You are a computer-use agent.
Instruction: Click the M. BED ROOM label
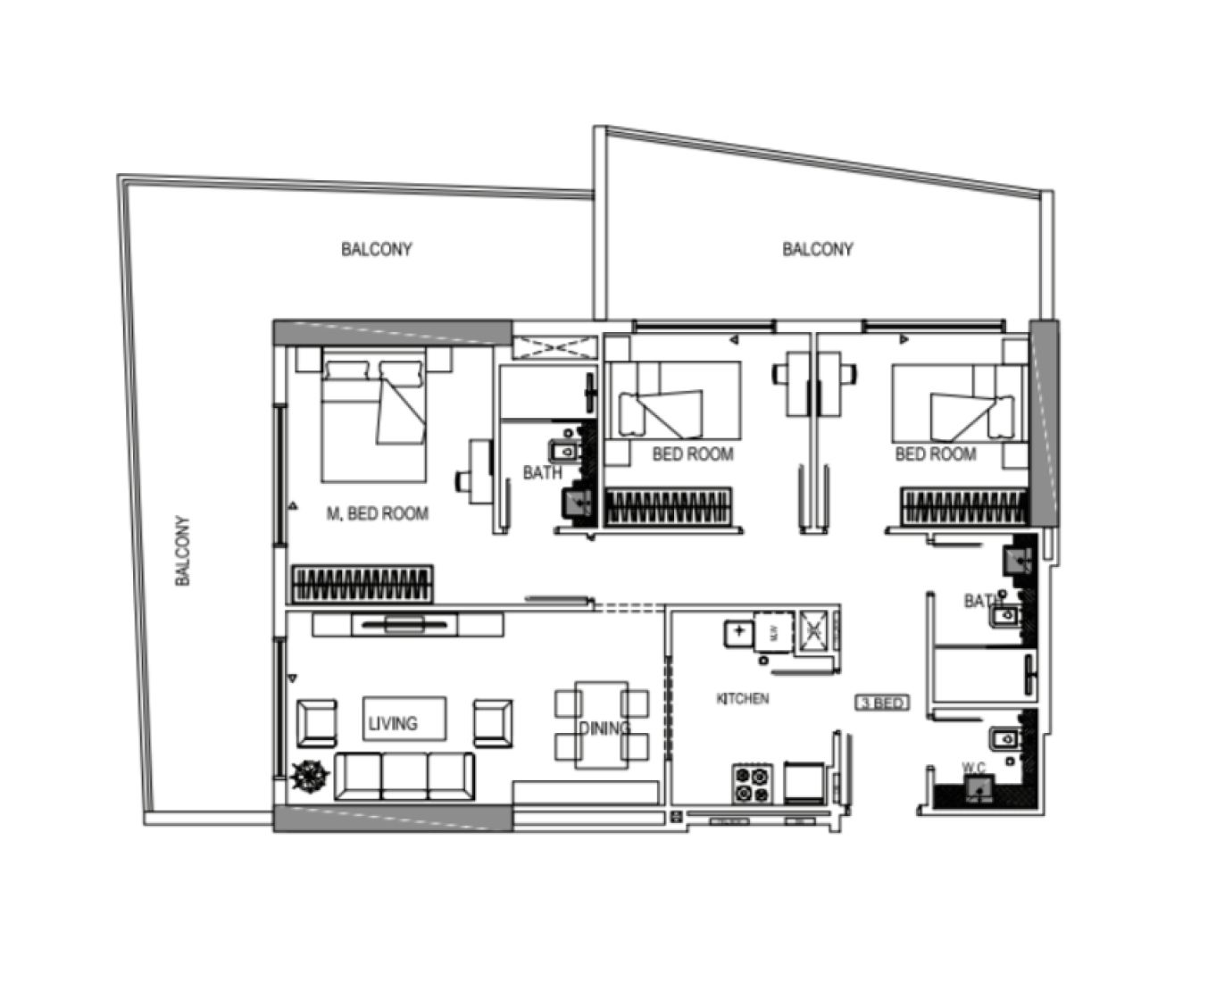pos(377,513)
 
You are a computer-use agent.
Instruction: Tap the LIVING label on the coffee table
pos(393,723)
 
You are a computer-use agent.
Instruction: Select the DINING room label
pos(604,728)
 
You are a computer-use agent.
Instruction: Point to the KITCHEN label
pos(742,698)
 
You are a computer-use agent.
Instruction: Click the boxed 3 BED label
pos(882,703)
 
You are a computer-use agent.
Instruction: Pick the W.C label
pos(973,767)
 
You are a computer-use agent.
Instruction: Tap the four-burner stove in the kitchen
pos(752,784)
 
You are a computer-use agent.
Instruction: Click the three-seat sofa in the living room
pos(404,776)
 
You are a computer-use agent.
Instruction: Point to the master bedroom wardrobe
pos(362,585)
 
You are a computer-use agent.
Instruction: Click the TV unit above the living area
pos(404,624)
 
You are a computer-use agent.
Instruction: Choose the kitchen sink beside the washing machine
pos(738,632)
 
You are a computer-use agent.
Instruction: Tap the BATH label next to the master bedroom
pos(542,472)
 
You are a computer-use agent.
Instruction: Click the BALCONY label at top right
pos(817,249)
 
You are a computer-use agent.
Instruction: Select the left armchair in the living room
pos(316,723)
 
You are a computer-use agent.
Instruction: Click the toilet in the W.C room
pos(979,788)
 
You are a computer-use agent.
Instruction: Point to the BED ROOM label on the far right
pos(935,454)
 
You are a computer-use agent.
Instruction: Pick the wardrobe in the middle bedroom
pos(669,507)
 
